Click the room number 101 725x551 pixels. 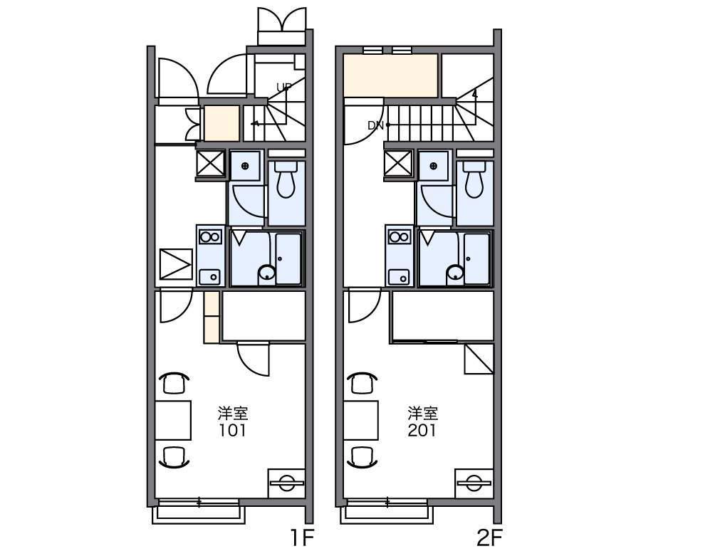tap(233, 431)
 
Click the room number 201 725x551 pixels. tap(422, 431)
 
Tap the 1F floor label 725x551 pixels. tap(303, 537)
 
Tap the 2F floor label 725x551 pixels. tap(490, 537)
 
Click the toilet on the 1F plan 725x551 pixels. tap(286, 179)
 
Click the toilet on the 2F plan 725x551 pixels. tap(475, 179)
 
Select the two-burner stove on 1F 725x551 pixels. tap(210, 237)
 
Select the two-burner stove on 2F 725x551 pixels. tap(399, 237)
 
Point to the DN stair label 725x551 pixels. tap(376, 125)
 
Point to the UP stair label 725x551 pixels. tap(284, 87)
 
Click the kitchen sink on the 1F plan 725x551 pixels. tap(210, 277)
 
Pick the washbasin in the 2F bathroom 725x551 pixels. tap(455, 273)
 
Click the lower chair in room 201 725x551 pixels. tap(362, 457)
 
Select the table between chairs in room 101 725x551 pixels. tap(173, 420)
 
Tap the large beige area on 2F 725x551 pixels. tap(391, 75)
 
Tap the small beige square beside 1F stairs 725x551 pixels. tap(222, 123)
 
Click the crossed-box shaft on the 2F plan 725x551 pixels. tap(398, 164)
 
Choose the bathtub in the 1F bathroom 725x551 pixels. tap(288, 259)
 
